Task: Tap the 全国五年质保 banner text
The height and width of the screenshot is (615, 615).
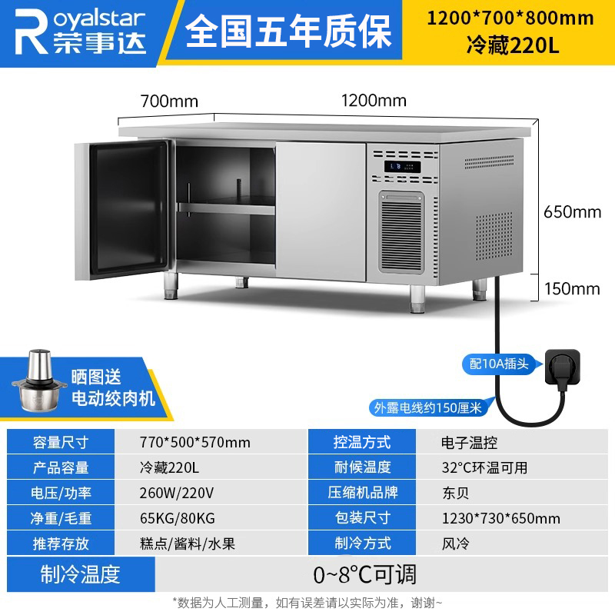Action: click(288, 32)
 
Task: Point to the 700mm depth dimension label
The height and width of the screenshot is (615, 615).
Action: click(169, 101)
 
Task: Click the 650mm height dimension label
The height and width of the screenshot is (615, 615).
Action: click(571, 211)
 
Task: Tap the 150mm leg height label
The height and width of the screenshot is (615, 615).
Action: click(571, 288)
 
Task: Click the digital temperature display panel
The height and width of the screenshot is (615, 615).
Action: click(403, 166)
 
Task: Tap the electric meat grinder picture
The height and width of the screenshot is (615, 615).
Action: click(37, 383)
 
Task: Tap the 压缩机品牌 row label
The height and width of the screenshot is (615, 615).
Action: click(362, 493)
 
